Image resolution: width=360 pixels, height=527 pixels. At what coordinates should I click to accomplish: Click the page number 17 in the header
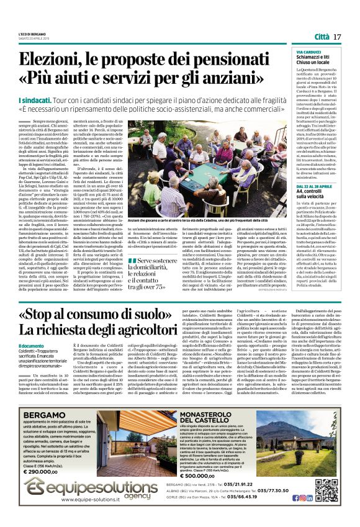(338, 37)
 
